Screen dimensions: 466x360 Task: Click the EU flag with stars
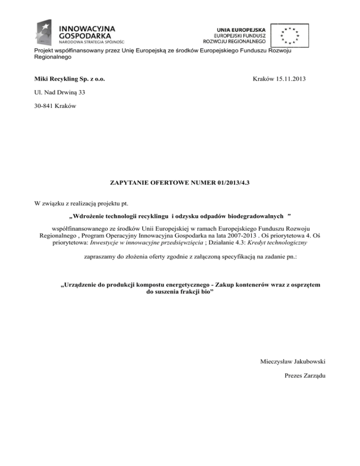click(290, 34)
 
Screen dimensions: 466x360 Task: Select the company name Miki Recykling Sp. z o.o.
click(68, 80)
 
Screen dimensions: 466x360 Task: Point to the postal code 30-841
click(45, 105)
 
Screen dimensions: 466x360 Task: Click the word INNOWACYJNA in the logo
click(85, 27)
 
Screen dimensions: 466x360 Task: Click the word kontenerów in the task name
click(255, 284)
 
